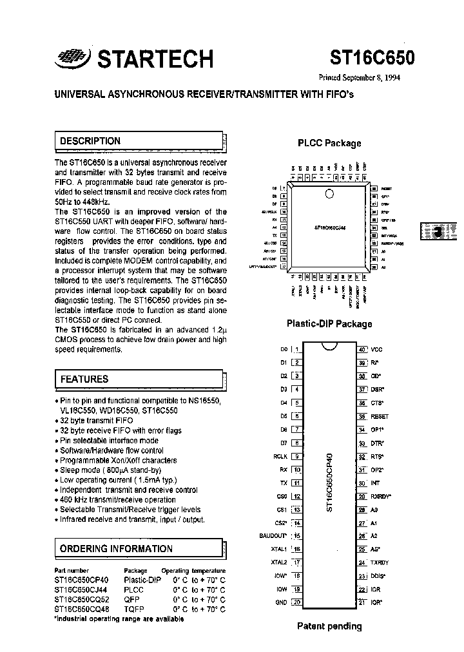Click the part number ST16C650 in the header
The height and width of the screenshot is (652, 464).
pyautogui.click(x=372, y=58)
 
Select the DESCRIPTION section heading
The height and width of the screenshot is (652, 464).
pyautogui.click(x=90, y=141)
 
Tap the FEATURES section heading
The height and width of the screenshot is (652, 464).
pyautogui.click(x=84, y=379)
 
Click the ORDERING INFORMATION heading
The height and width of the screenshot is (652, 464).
pyautogui.click(x=116, y=549)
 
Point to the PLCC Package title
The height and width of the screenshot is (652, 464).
pyautogui.click(x=329, y=143)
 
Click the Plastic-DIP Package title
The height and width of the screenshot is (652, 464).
pyautogui.click(x=329, y=323)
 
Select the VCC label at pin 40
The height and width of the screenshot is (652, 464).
pyautogui.click(x=377, y=349)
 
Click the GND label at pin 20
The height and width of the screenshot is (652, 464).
pyautogui.click(x=281, y=602)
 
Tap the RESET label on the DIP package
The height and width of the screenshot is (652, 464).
pyautogui.click(x=380, y=417)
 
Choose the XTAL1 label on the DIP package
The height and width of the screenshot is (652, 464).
pyautogui.click(x=278, y=549)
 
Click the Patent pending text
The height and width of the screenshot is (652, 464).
pyautogui.click(x=329, y=626)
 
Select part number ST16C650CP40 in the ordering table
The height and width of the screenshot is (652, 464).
pyautogui.click(x=81, y=580)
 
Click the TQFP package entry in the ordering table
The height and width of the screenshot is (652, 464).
pyautogui.click(x=134, y=608)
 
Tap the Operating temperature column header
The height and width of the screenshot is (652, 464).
pyautogui.click(x=193, y=570)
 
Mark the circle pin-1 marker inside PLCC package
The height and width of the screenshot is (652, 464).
pyautogui.click(x=330, y=193)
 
